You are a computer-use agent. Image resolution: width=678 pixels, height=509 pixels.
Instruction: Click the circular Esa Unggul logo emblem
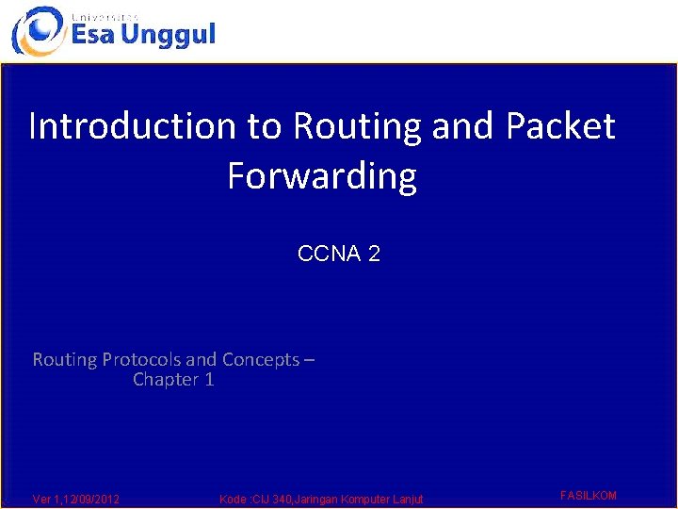tap(39, 31)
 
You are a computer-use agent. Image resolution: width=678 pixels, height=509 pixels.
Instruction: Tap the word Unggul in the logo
tap(168, 36)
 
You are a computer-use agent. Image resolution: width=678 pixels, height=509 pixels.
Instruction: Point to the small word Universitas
tap(105, 17)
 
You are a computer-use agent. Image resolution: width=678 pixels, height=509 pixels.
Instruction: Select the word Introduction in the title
tap(133, 125)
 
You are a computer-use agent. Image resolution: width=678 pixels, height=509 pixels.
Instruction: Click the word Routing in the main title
tap(357, 127)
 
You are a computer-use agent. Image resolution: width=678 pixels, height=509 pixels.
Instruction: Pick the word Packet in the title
tap(561, 125)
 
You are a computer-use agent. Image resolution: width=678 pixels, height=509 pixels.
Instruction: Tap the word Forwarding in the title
tap(322, 176)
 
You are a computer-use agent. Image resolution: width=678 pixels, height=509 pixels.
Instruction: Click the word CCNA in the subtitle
tap(329, 254)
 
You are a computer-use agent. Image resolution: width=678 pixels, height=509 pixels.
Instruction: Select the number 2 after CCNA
tap(374, 254)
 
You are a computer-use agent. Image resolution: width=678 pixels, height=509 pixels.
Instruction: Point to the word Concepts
tap(261, 360)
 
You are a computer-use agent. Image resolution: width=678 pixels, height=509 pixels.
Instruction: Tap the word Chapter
tap(166, 380)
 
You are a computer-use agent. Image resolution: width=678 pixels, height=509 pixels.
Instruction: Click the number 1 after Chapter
tap(209, 380)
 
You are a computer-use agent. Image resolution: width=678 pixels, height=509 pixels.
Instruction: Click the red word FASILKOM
tap(589, 495)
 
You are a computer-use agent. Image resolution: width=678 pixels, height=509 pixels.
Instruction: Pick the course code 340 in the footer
tap(282, 499)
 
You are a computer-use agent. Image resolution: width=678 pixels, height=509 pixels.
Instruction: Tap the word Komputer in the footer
tap(365, 500)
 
